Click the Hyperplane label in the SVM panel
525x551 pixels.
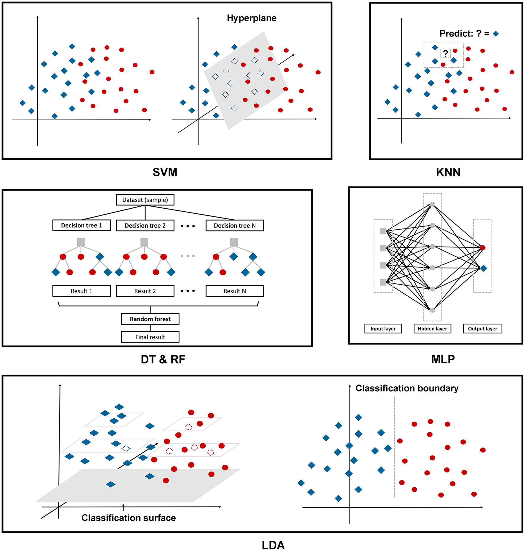click(x=252, y=18)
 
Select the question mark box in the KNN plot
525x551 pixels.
click(x=445, y=54)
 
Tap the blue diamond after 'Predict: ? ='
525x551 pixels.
click(x=496, y=34)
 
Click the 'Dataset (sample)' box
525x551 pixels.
click(x=145, y=200)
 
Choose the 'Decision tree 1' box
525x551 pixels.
click(x=81, y=225)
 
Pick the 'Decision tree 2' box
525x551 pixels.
click(x=145, y=226)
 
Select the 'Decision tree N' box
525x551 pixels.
click(x=235, y=226)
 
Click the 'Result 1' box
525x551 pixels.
click(x=81, y=291)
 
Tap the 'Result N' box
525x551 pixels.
click(x=235, y=291)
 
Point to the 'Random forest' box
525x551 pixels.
click(x=150, y=319)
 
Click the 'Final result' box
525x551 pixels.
click(x=150, y=337)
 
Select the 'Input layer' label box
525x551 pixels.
click(x=383, y=329)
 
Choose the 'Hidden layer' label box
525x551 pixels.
click(x=432, y=329)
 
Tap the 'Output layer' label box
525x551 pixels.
click(x=482, y=329)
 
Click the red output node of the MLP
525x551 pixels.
click(x=483, y=247)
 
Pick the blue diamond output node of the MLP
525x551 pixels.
click(x=484, y=268)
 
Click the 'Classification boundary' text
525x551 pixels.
click(x=407, y=388)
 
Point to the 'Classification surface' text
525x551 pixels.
click(x=129, y=518)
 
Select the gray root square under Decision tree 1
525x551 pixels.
click(x=81, y=242)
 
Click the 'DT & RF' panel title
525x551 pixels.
click(x=163, y=360)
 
